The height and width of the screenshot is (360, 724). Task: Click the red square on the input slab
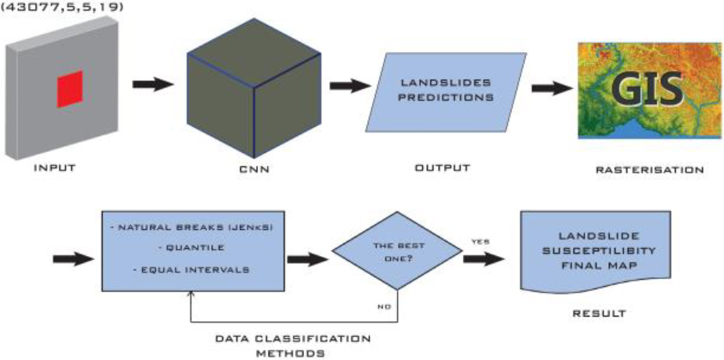point(70,89)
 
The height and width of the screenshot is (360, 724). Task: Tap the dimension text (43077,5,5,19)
point(61,7)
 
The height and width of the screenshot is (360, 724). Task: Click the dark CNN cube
point(254,88)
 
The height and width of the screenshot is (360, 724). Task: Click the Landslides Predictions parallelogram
point(446,92)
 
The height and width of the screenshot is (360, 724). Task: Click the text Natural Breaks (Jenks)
point(192,229)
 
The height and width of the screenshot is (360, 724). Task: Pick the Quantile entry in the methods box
point(192,249)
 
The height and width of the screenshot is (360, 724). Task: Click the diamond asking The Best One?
point(398,251)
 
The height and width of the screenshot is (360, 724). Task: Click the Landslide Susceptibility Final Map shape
point(596,252)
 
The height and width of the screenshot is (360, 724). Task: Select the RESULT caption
point(599,314)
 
